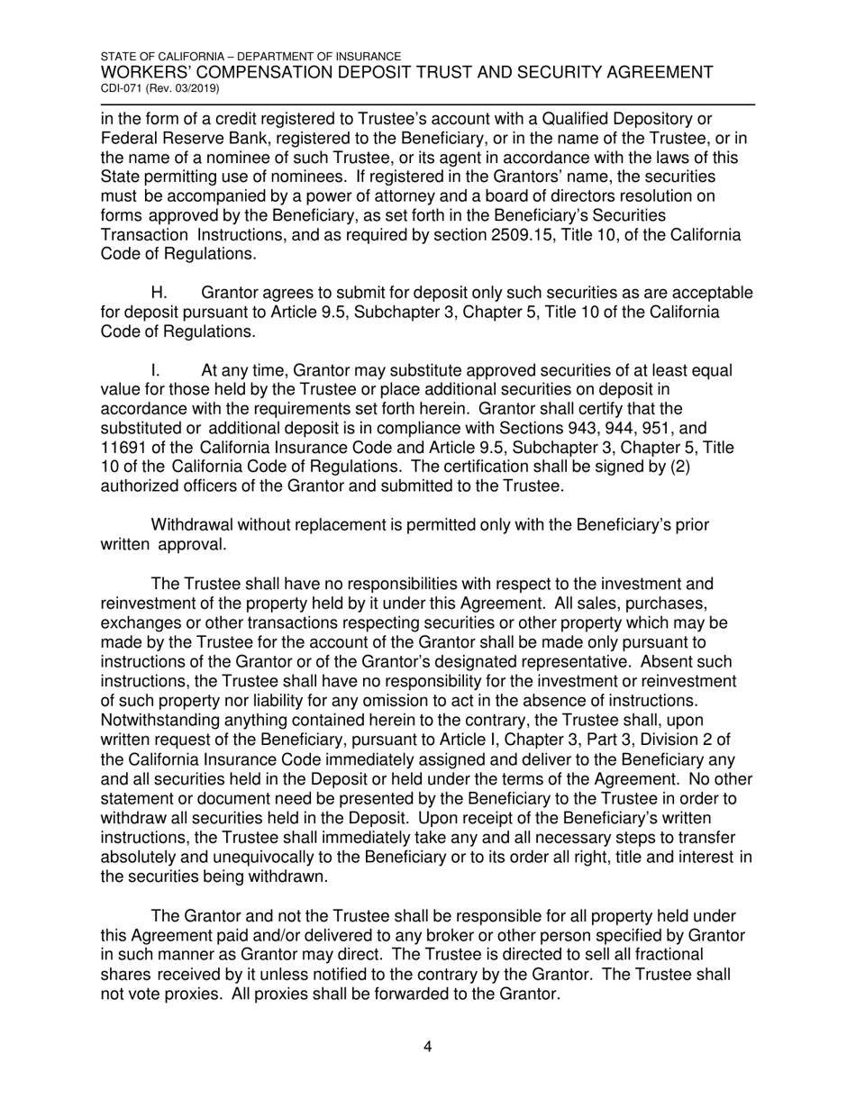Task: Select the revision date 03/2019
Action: tap(196, 89)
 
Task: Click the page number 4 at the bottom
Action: tap(428, 1047)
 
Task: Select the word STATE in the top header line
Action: tap(119, 56)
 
